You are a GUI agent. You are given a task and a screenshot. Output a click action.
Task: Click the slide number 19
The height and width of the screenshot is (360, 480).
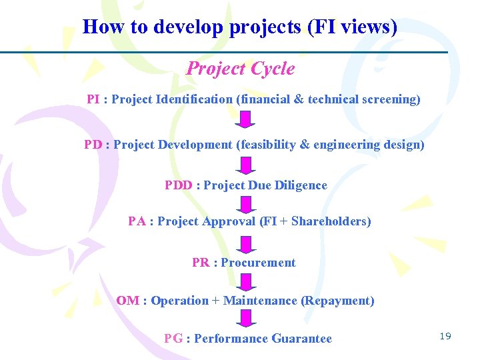[x=445, y=336]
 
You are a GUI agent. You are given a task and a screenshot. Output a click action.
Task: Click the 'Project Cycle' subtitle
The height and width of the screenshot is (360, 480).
[x=240, y=69]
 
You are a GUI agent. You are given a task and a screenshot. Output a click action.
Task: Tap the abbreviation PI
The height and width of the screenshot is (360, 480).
[x=93, y=99]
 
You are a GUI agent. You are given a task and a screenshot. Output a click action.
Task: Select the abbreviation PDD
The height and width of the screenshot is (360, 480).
[x=178, y=185]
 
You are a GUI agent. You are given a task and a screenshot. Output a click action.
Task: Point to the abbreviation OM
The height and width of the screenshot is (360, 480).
[x=127, y=301]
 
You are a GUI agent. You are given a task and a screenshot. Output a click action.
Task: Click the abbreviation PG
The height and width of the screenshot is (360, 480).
[x=173, y=339]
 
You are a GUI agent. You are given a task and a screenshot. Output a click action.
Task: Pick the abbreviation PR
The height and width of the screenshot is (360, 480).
[x=201, y=263]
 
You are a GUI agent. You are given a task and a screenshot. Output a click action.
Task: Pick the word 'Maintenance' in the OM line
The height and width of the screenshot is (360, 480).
[x=260, y=301]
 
